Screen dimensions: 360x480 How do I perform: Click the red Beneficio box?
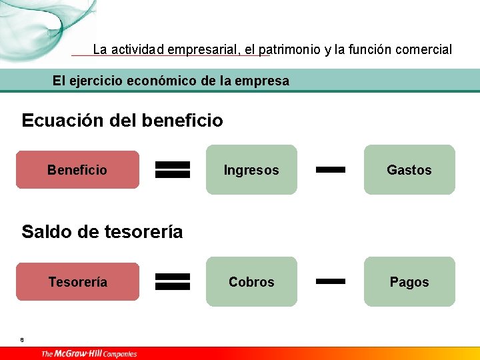[77, 170]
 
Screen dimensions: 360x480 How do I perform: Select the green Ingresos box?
[251, 170]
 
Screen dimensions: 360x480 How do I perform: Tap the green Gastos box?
[409, 170]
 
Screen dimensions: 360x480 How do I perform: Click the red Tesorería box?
[77, 282]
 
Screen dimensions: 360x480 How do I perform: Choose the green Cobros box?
[251, 282]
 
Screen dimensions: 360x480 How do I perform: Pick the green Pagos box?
[409, 282]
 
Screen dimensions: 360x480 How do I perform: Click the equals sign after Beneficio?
[173, 170]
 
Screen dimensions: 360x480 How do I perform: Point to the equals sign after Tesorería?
[173, 282]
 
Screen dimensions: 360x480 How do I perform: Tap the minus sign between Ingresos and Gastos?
[330, 170]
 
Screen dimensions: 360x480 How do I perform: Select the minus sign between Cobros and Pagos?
[330, 282]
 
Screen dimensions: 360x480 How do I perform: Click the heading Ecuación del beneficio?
[122, 121]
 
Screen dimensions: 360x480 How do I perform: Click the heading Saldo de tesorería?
[102, 232]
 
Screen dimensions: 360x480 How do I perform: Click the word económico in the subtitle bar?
[164, 81]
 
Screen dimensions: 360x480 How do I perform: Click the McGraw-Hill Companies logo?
[89, 353]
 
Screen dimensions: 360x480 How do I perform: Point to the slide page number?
[22, 340]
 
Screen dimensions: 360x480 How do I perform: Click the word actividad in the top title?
[138, 49]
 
